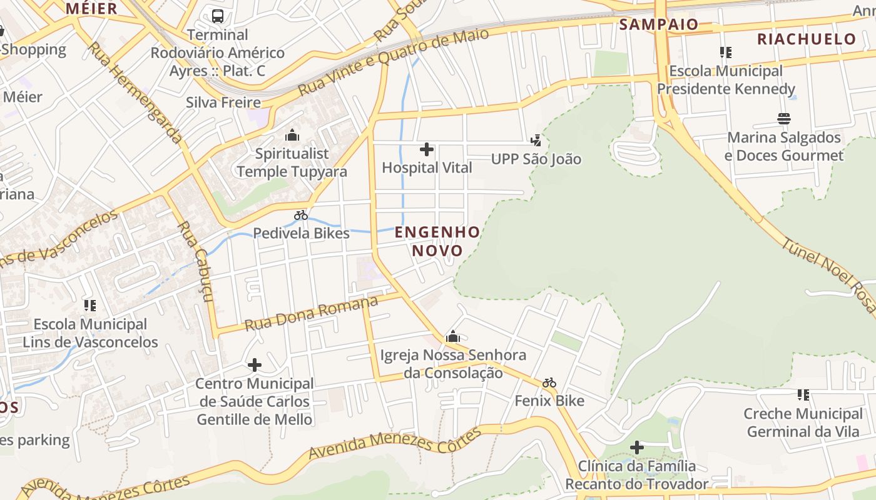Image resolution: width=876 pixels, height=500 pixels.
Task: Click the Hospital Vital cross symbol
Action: (427, 149)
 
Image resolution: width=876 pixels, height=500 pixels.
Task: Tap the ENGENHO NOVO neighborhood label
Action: (437, 241)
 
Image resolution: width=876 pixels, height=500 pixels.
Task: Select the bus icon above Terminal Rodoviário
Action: (218, 16)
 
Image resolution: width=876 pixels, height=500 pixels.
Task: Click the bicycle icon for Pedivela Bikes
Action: (301, 215)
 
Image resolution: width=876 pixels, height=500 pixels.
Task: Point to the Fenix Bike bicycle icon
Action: (549, 382)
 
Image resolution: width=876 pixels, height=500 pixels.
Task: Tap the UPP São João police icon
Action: (536, 141)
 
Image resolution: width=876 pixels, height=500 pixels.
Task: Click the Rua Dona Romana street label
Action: (311, 314)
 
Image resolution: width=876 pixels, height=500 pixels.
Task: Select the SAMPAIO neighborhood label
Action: (658, 24)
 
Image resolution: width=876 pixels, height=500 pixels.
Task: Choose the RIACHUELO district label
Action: (806, 39)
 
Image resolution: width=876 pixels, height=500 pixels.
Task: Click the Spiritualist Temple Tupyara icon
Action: (292, 135)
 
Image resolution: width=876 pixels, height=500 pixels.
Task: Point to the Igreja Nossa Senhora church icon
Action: (453, 337)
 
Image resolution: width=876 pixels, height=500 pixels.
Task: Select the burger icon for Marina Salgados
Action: (784, 119)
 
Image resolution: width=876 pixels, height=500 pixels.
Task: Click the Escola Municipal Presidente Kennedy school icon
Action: (726, 52)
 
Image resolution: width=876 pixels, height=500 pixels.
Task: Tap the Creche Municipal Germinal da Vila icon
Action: (803, 395)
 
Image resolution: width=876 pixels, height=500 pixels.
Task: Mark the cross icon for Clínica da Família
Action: (637, 447)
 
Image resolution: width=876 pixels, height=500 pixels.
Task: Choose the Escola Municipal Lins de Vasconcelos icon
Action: (90, 306)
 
